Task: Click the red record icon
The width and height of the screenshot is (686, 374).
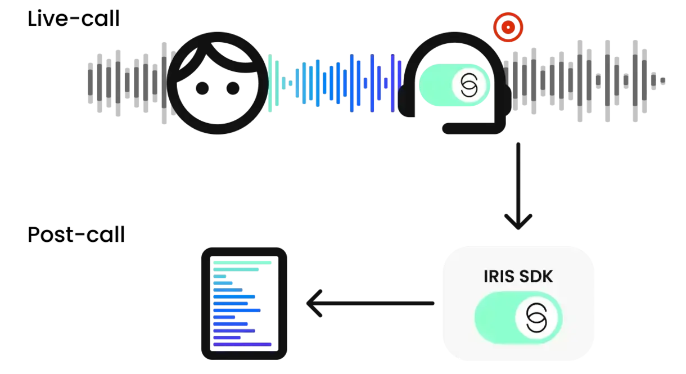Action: tap(508, 26)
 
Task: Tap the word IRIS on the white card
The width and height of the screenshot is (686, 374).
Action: tap(499, 277)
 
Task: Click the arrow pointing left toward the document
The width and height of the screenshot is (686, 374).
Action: tap(315, 304)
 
